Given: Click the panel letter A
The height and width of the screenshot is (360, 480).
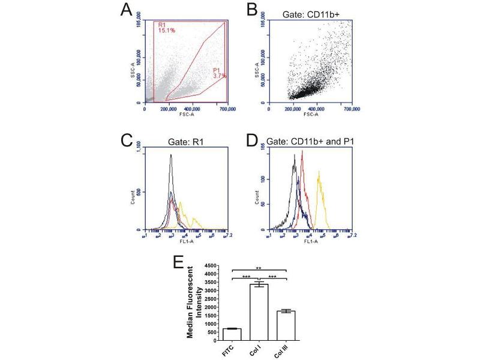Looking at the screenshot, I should (126, 10).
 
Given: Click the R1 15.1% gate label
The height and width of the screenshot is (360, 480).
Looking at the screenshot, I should (166, 29).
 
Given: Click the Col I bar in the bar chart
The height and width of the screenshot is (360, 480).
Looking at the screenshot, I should (259, 312).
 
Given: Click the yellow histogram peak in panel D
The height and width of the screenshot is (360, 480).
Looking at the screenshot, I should (319, 174).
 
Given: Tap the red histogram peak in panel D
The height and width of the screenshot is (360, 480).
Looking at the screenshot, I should (303, 153).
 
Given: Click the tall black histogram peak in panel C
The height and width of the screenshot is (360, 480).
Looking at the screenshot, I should (171, 157).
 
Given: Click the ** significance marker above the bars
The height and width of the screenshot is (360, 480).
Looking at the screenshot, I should (258, 268).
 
